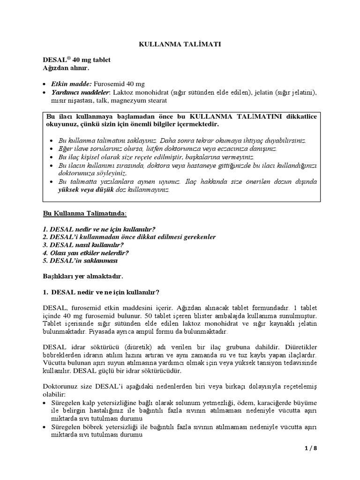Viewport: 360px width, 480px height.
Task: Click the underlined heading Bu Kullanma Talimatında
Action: tap(84, 213)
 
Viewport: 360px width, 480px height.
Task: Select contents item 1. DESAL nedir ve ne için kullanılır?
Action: tap(99, 229)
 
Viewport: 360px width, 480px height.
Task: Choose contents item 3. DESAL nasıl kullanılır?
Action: tap(85, 245)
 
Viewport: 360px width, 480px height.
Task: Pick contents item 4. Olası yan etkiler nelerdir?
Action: tap(86, 252)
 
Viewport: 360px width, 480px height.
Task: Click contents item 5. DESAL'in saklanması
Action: tap(80, 260)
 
